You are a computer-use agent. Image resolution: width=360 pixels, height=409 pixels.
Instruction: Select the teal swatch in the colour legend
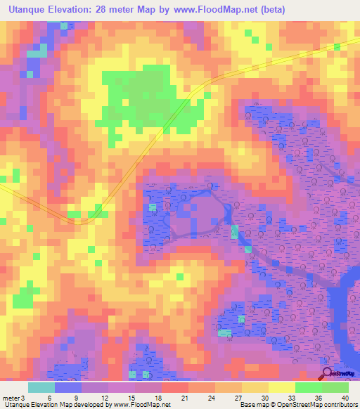pyautogui.click(x=41, y=387)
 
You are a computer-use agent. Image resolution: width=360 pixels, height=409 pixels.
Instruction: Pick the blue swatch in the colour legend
pyautogui.click(x=68, y=387)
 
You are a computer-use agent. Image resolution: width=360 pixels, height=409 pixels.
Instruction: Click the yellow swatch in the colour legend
pyautogui.click(x=255, y=387)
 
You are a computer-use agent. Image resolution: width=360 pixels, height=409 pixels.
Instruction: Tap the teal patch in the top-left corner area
pyautogui.click(x=34, y=53)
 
